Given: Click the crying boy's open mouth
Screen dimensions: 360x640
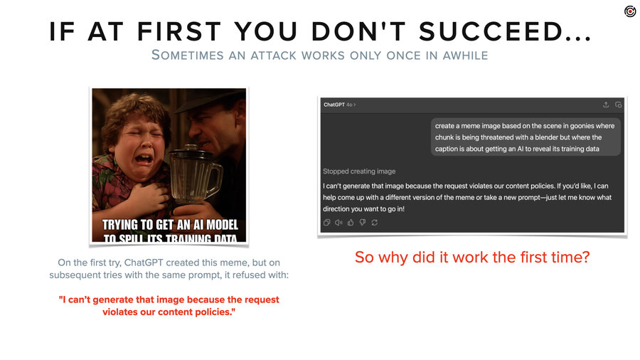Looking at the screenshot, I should [144, 159].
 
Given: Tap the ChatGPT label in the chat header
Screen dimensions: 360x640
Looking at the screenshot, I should [334, 105].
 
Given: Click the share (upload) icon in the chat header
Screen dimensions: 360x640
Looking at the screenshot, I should [605, 105].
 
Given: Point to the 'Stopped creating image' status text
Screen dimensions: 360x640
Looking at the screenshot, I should [359, 171].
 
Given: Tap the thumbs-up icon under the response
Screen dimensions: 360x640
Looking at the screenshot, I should [351, 223].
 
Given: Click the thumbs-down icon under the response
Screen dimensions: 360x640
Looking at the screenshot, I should [362, 223].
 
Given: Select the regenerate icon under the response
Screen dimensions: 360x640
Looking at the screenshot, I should [374, 223].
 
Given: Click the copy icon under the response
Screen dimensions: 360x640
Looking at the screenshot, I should [326, 223].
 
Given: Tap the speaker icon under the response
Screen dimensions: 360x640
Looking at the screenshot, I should [338, 223].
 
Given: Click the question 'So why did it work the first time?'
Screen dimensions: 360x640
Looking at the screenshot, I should [472, 257].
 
